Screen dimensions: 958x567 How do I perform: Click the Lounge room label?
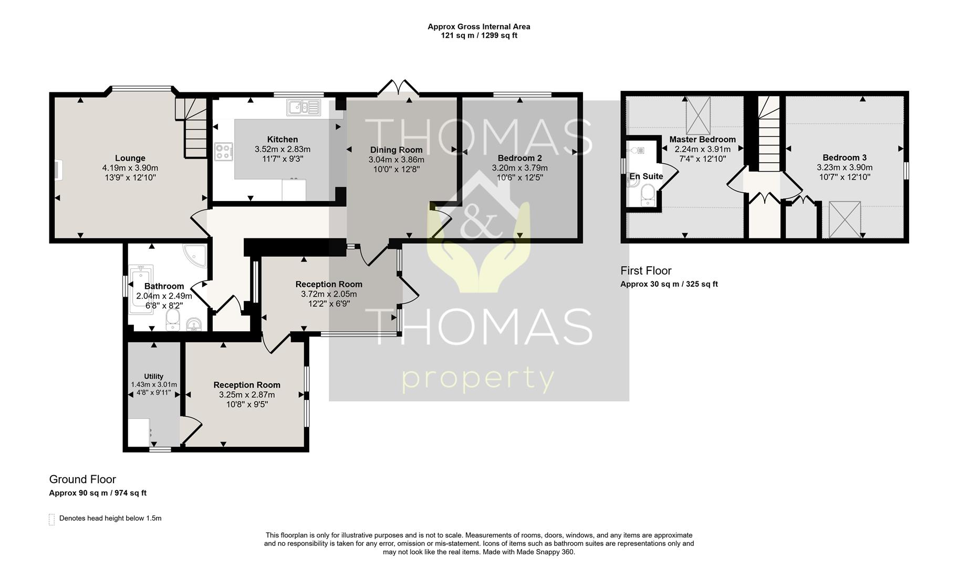coord(130,158)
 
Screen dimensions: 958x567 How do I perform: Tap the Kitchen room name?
coord(283,139)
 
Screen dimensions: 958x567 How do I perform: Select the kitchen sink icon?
coord(304,108)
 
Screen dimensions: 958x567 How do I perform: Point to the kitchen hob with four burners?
coord(224,152)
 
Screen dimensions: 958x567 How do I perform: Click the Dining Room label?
coord(397,150)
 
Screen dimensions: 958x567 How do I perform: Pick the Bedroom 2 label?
coord(520,158)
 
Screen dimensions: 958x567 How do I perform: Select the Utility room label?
coord(154,376)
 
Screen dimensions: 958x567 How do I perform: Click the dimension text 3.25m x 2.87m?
coord(247,395)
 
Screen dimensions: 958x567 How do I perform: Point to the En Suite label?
coord(646,176)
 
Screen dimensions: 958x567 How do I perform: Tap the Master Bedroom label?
coord(703,140)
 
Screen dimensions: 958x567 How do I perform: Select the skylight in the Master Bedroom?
coord(698,115)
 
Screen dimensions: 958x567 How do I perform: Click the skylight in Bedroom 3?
coord(845,219)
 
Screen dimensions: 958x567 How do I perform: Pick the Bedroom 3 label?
coord(845,157)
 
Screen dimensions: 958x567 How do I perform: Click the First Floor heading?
coord(646,271)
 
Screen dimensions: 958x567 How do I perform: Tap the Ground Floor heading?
coord(82,479)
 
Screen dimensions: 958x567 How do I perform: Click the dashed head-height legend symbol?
coord(51,519)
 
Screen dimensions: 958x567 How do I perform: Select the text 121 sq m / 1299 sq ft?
coord(479,36)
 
